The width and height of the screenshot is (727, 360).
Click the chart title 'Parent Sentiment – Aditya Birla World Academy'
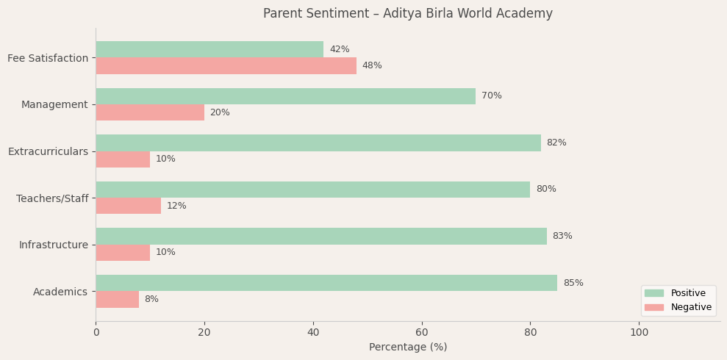408,14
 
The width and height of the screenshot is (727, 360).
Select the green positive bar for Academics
326,283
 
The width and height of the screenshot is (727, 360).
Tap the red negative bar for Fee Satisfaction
226,66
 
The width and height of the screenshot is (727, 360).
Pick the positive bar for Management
285,96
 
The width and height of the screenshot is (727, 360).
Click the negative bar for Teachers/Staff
128,206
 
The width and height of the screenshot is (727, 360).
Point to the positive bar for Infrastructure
321,236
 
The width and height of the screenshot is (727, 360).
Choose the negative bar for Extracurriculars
123,159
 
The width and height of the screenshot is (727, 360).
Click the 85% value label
573,283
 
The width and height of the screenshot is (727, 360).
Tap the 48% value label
372,66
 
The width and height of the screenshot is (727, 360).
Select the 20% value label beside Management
220,112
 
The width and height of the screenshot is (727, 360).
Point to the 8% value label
151,299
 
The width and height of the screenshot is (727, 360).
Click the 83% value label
562,236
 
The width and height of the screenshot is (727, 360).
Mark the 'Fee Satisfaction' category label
48,58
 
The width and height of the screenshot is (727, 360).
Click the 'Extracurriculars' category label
48,151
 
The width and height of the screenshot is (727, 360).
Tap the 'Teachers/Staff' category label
52,198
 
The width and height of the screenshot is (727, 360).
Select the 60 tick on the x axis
422,332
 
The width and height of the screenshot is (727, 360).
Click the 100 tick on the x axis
640,332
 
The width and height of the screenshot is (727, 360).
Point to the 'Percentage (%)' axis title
408,347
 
